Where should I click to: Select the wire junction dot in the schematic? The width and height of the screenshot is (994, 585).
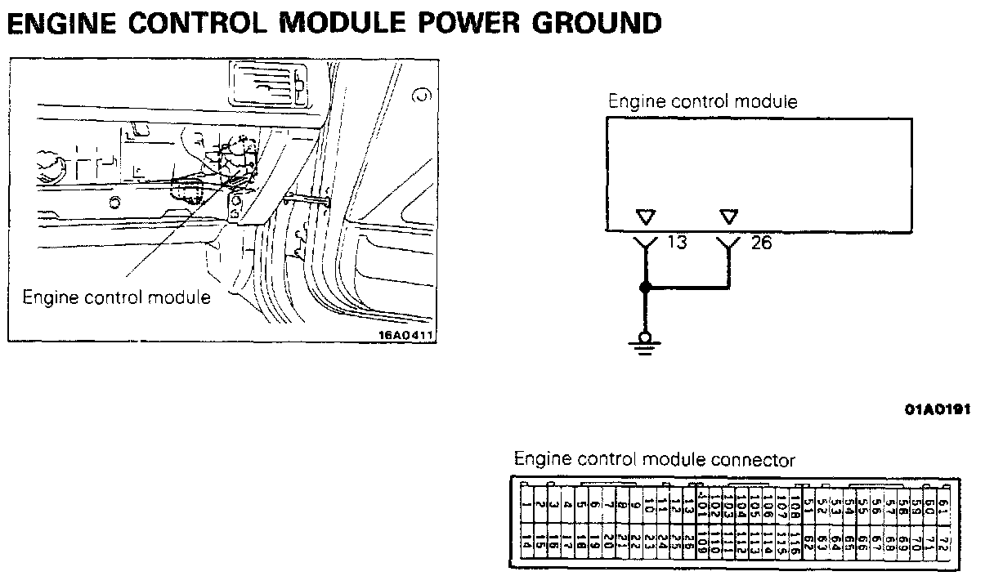pyautogui.click(x=645, y=288)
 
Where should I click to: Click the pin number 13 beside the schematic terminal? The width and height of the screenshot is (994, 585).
pyautogui.click(x=676, y=243)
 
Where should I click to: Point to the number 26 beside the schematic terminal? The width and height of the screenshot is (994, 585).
pyautogui.click(x=760, y=243)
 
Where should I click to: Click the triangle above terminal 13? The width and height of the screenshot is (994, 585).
pyautogui.click(x=646, y=217)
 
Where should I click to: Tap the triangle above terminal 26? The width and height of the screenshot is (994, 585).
pyautogui.click(x=729, y=217)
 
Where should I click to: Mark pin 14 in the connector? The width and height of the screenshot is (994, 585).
pyautogui.click(x=527, y=541)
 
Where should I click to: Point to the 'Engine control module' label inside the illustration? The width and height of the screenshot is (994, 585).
pyautogui.click(x=116, y=297)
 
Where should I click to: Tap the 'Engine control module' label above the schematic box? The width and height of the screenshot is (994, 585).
pyautogui.click(x=702, y=102)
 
